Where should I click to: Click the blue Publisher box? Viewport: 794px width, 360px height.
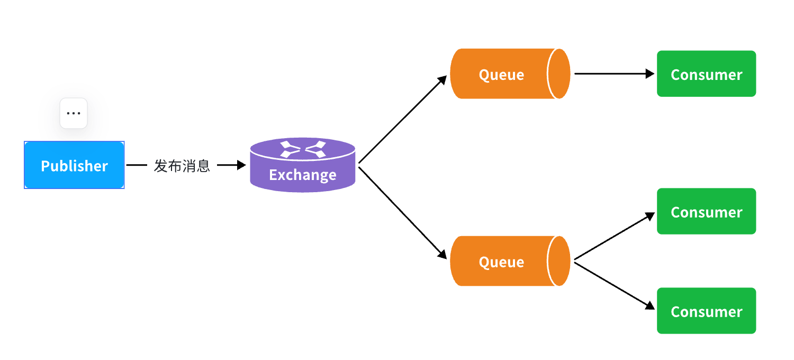74,165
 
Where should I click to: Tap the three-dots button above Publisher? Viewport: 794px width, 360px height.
74,113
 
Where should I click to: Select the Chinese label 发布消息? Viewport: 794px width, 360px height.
182,166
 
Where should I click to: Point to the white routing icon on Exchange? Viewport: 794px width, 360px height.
302,149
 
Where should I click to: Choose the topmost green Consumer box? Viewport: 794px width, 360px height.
706,74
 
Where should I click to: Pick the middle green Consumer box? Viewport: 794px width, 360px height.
706,211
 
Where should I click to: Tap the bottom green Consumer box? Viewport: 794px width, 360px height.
706,311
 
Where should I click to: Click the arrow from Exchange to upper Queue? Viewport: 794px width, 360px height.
402,120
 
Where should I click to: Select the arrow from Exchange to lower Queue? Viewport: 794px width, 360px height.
402,212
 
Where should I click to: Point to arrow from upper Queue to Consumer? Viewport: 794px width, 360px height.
614,74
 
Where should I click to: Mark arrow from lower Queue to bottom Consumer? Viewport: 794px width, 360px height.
614,285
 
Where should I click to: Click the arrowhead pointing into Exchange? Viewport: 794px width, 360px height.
241,165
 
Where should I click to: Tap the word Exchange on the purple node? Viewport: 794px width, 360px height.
302,175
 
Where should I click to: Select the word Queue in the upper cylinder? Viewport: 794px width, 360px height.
501,75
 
